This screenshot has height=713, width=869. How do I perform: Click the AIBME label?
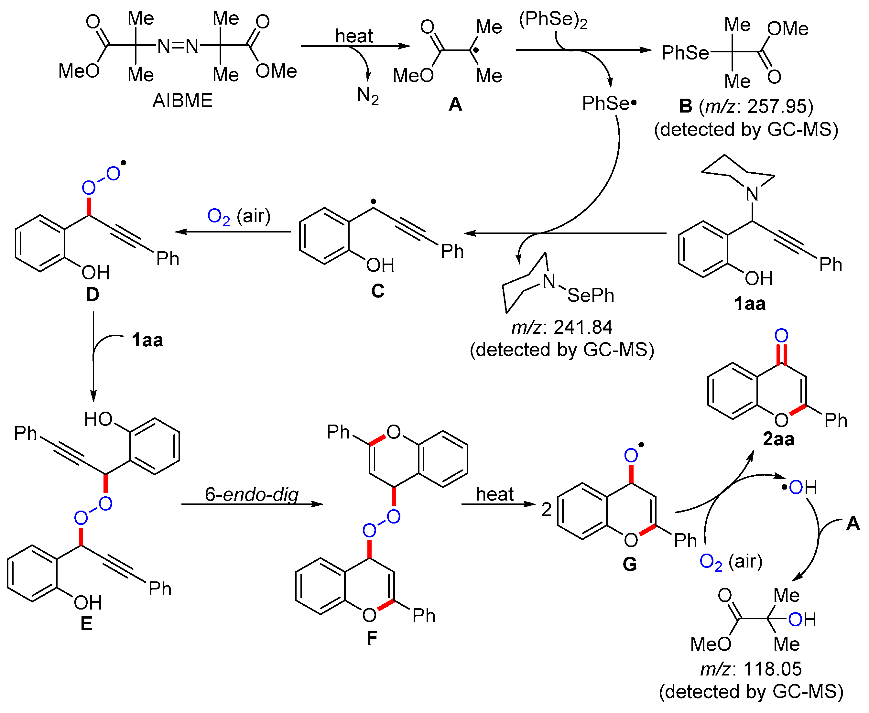point(182,101)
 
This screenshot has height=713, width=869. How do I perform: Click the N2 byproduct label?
point(368,96)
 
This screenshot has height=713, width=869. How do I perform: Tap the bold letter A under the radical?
point(455,104)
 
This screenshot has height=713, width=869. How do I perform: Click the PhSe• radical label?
point(609,103)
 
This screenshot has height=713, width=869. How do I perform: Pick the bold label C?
point(377,291)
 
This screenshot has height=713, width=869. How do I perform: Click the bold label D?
point(92,295)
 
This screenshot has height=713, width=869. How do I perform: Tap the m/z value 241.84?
point(583,327)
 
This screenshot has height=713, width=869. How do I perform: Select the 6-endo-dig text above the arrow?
point(251,494)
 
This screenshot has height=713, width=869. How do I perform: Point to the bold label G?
point(630,564)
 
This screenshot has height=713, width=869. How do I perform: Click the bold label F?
point(372,638)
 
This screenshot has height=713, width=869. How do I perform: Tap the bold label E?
point(86,624)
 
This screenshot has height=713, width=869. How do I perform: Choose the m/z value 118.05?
point(772,669)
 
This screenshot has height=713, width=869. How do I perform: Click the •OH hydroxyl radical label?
point(799,488)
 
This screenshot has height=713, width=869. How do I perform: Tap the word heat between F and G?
point(494,494)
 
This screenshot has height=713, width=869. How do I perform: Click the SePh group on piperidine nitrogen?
point(591,295)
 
